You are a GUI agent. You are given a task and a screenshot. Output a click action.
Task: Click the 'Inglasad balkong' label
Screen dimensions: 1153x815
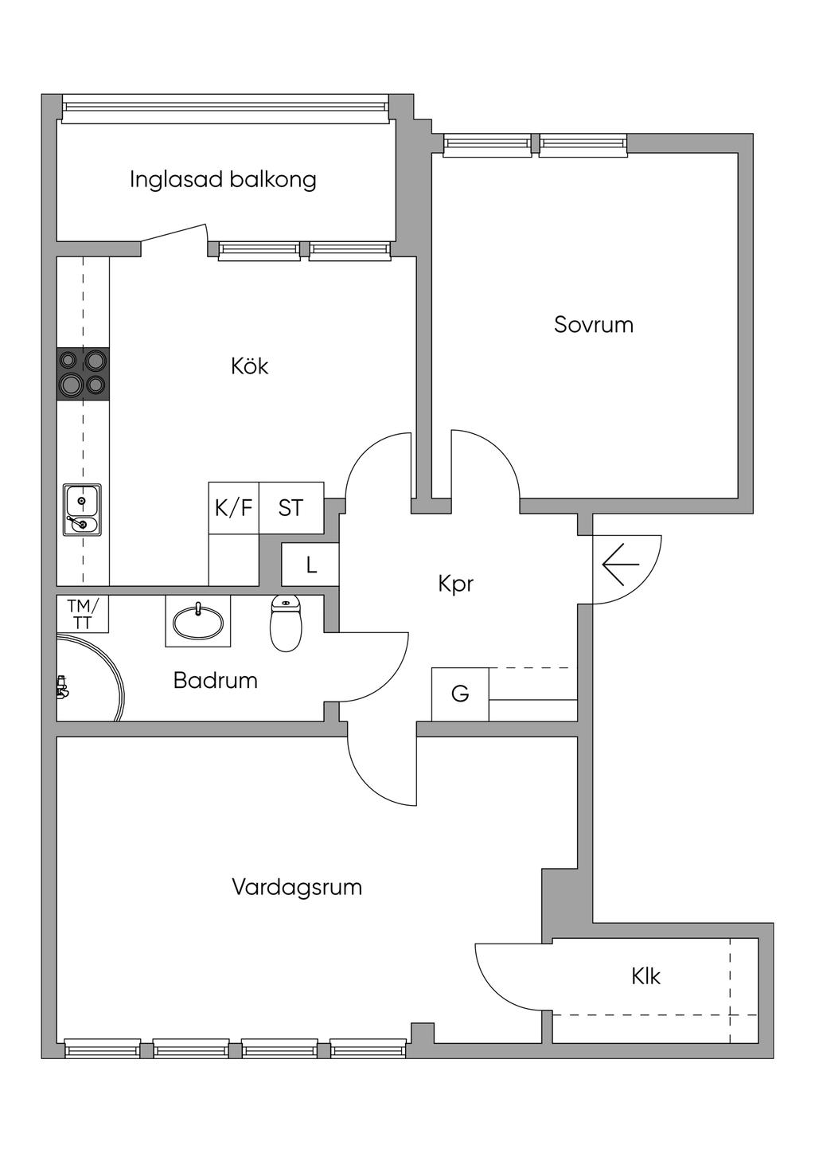coord(223,179)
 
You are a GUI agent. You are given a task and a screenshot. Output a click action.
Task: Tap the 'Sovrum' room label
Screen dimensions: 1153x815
coord(594,325)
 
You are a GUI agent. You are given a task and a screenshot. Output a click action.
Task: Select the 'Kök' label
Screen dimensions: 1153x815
coord(249,366)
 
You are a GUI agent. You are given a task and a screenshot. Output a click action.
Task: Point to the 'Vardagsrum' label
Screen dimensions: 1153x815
coord(297,887)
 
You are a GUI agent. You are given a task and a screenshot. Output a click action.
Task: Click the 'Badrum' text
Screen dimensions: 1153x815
coord(215,681)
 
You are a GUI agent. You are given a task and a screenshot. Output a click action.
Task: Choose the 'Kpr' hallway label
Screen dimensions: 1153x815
coord(455,584)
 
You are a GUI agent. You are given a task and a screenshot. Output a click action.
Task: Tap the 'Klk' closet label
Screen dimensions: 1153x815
coord(645,976)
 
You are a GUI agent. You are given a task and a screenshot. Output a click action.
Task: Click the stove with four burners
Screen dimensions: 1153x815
coord(83,373)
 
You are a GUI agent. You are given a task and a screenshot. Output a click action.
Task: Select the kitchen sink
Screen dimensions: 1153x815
coord(82,510)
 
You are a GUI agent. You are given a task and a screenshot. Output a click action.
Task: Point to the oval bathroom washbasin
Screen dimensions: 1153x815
coord(197,621)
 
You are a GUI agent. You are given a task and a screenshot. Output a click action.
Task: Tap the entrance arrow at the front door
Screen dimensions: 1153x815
coord(621,565)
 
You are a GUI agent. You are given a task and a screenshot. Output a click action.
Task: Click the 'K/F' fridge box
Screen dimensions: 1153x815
coord(233,507)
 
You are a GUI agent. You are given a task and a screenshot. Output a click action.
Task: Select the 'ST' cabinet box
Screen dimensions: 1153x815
coord(291,507)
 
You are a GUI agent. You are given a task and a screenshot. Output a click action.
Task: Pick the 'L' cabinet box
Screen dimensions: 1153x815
coord(311,565)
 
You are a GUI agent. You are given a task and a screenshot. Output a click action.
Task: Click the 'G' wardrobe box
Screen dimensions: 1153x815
coord(460,694)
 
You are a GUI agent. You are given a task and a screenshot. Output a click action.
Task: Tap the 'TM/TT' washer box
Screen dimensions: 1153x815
coord(82,614)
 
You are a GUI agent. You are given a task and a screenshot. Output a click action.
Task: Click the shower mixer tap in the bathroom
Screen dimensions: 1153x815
coord(62,686)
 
